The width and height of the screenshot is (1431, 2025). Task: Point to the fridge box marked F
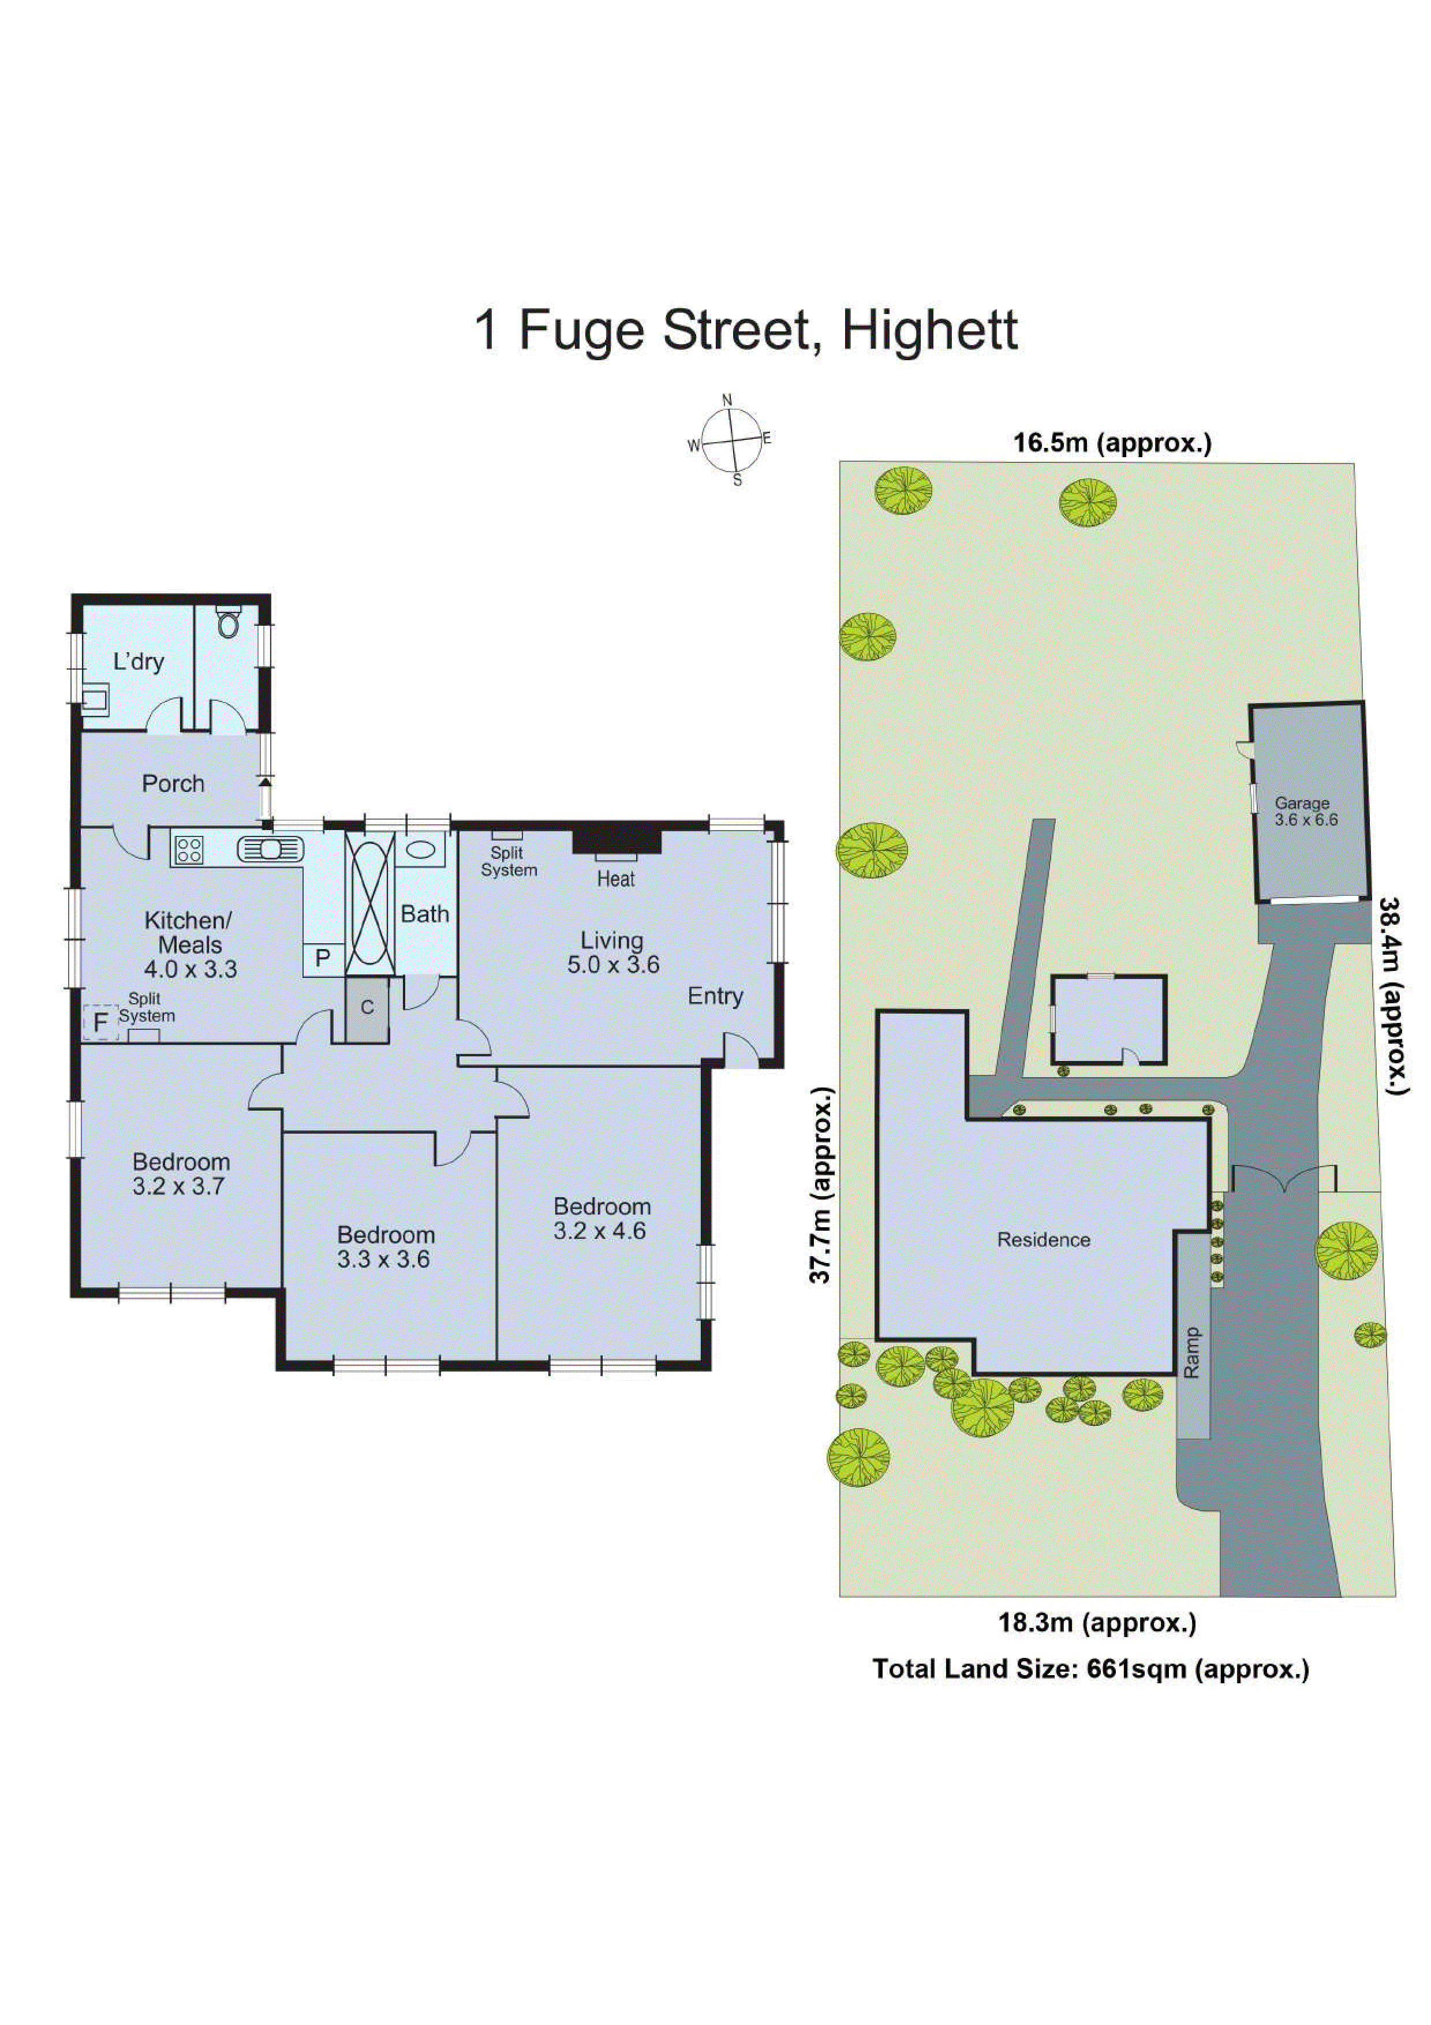100,1023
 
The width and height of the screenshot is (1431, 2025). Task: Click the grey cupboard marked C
367,1008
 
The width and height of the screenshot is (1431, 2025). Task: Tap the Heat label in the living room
615,879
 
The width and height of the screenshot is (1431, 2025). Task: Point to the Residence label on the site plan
1043,1239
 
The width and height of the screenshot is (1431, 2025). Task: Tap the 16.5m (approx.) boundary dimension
1112,443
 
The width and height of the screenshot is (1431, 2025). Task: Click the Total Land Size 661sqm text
1090,1669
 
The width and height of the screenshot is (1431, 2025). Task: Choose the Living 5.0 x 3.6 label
613,952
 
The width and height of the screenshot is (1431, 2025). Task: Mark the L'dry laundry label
139,662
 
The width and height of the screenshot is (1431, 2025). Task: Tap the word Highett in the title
929,331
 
